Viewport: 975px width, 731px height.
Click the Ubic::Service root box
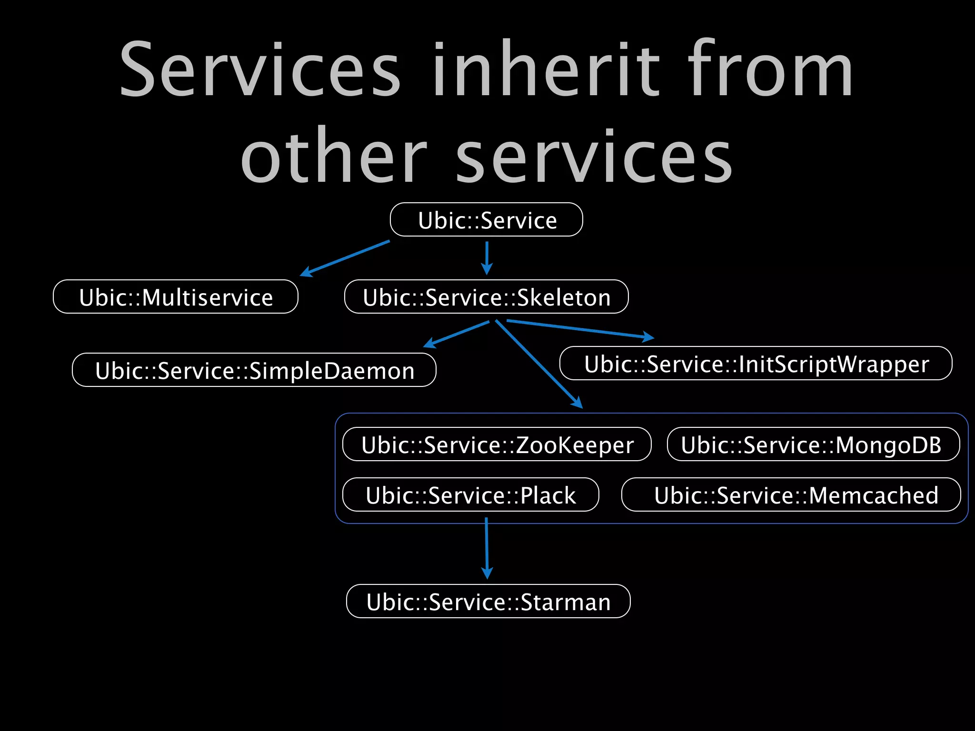point(487,220)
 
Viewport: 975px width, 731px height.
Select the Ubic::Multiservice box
point(176,297)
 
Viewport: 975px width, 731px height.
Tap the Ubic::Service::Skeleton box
point(487,297)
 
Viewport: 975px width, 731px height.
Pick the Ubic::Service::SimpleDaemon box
point(254,370)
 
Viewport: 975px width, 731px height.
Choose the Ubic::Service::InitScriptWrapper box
point(756,364)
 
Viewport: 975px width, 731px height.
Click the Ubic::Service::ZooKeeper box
point(497,445)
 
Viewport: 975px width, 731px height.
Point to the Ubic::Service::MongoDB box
point(814,445)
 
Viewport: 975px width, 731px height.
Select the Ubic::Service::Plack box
point(471,495)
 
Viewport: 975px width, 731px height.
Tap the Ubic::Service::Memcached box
point(791,495)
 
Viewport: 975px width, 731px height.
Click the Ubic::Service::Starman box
point(488,602)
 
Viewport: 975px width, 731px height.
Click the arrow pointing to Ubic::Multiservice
point(345,258)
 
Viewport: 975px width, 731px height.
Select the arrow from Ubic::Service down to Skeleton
point(487,258)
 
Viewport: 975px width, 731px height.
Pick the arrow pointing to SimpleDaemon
point(456,334)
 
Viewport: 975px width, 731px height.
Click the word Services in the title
point(260,69)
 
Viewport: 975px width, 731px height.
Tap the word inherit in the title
point(547,69)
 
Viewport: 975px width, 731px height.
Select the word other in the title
point(334,155)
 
